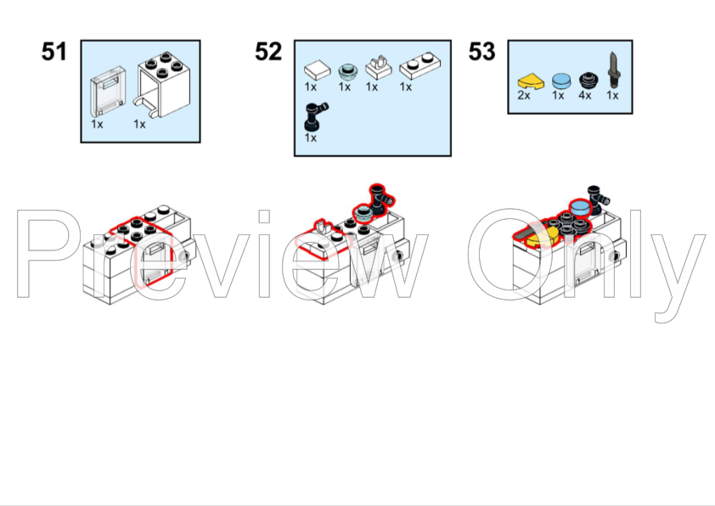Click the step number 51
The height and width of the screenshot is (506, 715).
[x=53, y=52]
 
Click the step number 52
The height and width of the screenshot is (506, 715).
[x=267, y=52]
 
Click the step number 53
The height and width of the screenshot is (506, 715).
[x=481, y=52]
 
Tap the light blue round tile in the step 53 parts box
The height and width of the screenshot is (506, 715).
[x=560, y=81]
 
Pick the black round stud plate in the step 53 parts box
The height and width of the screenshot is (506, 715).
[x=585, y=81]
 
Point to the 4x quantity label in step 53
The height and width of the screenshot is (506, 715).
[x=584, y=96]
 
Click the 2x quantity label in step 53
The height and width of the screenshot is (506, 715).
[x=524, y=96]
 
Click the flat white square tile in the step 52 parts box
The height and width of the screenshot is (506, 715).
[x=314, y=69]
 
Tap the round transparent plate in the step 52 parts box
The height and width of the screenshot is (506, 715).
[x=345, y=70]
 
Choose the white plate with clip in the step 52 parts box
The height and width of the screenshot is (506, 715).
[x=375, y=67]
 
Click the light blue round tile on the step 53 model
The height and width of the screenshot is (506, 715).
[x=581, y=209]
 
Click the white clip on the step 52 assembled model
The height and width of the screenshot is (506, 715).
[x=322, y=226]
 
